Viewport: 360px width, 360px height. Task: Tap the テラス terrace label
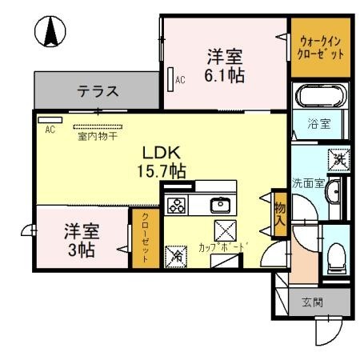[x=98, y=91]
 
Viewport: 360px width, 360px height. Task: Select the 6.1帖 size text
[x=225, y=76]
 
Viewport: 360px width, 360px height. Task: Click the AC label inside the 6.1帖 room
[x=180, y=79]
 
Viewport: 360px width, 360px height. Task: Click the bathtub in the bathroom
[x=322, y=98]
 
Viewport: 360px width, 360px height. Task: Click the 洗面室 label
[x=307, y=183]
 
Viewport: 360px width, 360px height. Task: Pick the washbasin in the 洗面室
[x=334, y=192]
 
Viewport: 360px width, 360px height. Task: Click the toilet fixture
[x=336, y=255]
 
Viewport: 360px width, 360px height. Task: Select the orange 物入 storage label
[x=280, y=214]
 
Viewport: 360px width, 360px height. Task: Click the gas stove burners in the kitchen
[x=175, y=205]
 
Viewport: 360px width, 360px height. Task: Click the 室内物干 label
[x=99, y=136]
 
